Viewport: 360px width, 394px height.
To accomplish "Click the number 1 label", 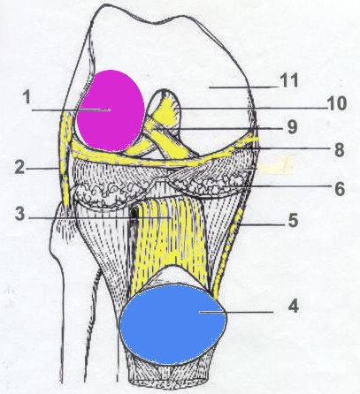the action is point(27,97).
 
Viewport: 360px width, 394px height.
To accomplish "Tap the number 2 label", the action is point(20,167).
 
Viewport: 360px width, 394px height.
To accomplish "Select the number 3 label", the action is point(20,214).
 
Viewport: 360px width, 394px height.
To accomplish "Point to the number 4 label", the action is point(294,306).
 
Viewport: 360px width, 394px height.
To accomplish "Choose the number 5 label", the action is point(293,220).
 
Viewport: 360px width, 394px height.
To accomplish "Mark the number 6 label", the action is point(340,189).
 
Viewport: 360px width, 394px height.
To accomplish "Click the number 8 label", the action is point(340,150).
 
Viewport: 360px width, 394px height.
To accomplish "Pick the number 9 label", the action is point(292,127).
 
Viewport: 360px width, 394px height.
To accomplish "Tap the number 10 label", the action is point(336,103).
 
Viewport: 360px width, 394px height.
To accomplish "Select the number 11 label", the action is point(289,80).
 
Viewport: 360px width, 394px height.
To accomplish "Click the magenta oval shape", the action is point(110,110).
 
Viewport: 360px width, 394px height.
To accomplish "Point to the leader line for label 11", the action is point(243,87).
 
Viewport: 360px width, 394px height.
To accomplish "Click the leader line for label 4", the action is point(236,312).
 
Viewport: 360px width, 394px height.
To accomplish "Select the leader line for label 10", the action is point(250,109).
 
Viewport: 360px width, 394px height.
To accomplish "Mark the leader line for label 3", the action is point(100,218).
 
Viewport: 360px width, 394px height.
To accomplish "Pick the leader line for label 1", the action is point(71,110).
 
